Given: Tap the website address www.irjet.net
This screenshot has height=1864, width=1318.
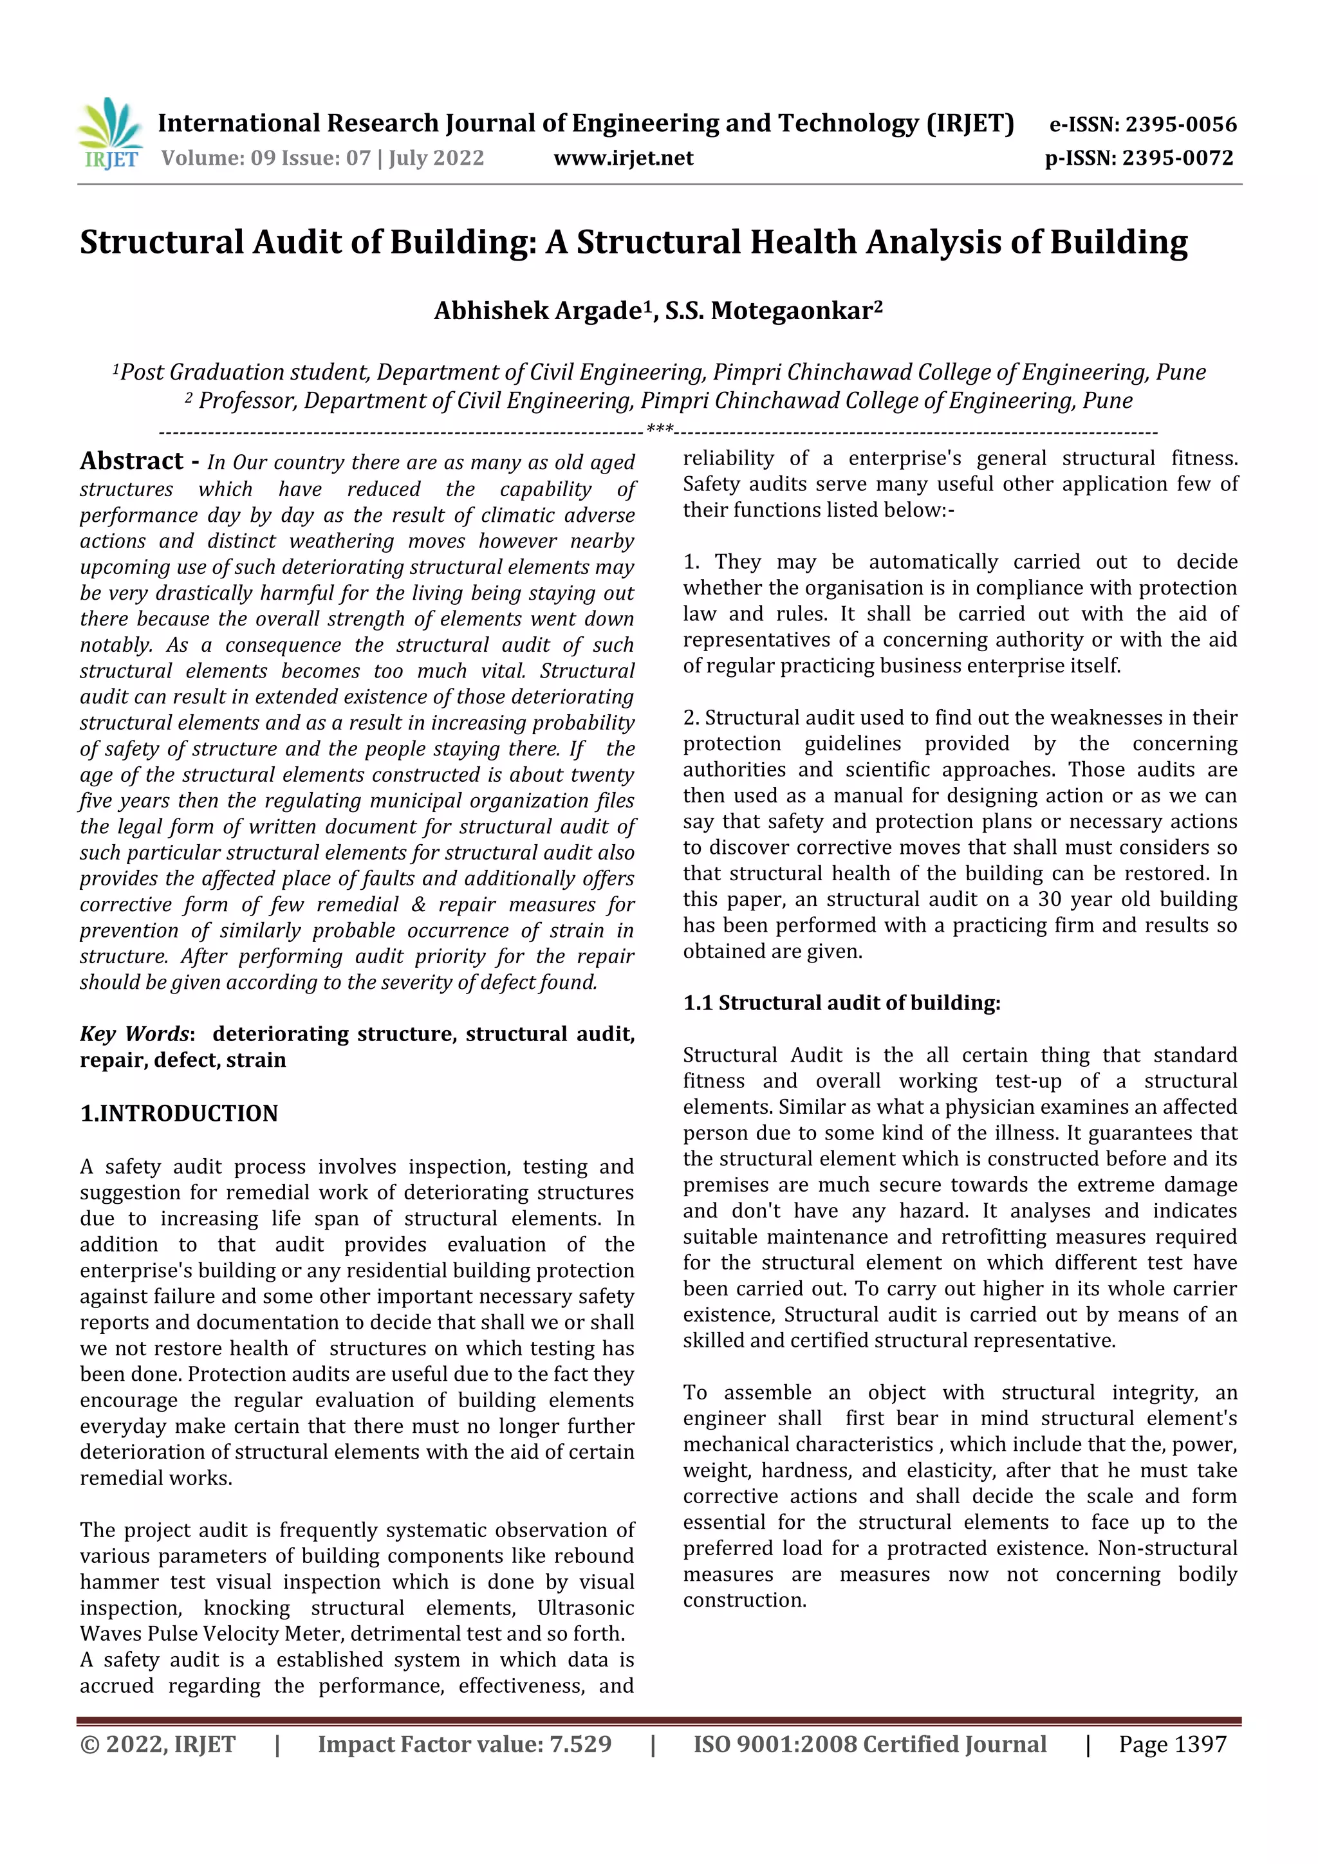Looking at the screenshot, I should [x=623, y=158].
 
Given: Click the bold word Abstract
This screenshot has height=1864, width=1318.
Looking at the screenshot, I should [x=131, y=461].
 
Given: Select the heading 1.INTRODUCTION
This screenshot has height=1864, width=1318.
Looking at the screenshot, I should [x=179, y=1113].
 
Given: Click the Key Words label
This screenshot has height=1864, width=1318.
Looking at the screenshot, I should [x=135, y=1034].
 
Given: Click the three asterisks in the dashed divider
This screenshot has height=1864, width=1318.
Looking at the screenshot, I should [x=658, y=429].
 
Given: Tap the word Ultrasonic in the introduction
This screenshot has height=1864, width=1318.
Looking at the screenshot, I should [x=586, y=1609].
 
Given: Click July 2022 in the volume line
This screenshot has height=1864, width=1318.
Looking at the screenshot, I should [x=436, y=158].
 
